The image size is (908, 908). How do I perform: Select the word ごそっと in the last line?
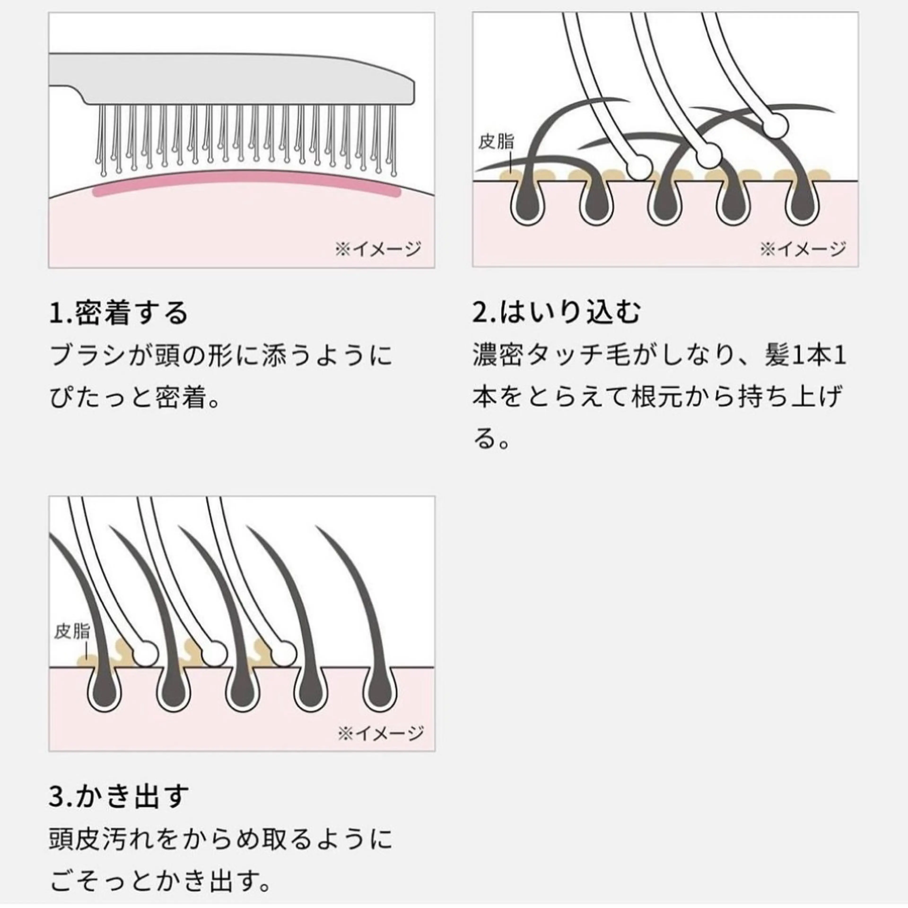(103, 881)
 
